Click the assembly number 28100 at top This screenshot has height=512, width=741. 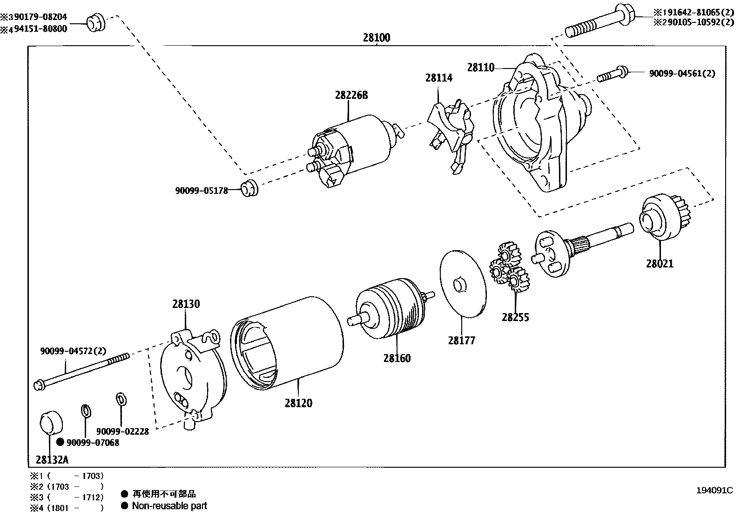pyautogui.click(x=376, y=38)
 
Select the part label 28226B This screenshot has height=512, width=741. pyautogui.click(x=351, y=95)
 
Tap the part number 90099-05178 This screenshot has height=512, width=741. pyautogui.click(x=201, y=190)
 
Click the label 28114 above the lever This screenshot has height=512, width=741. pyautogui.click(x=438, y=78)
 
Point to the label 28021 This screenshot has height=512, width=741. pyautogui.click(x=659, y=264)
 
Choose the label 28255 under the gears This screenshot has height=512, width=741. pyautogui.click(x=515, y=317)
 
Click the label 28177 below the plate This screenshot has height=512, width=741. pyautogui.click(x=462, y=341)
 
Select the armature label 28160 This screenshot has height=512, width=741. pyautogui.click(x=397, y=358)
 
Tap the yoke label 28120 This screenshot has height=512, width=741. pyautogui.click(x=298, y=403)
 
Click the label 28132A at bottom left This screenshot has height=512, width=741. pyautogui.click(x=52, y=460)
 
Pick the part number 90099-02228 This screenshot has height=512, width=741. pyautogui.click(x=123, y=431)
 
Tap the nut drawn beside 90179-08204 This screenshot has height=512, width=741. pyautogui.click(x=96, y=23)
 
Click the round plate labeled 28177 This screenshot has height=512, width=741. pyautogui.click(x=463, y=283)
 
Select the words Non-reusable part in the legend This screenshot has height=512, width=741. pyautogui.click(x=169, y=505)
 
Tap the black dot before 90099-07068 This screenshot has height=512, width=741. pyautogui.click(x=60, y=443)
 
